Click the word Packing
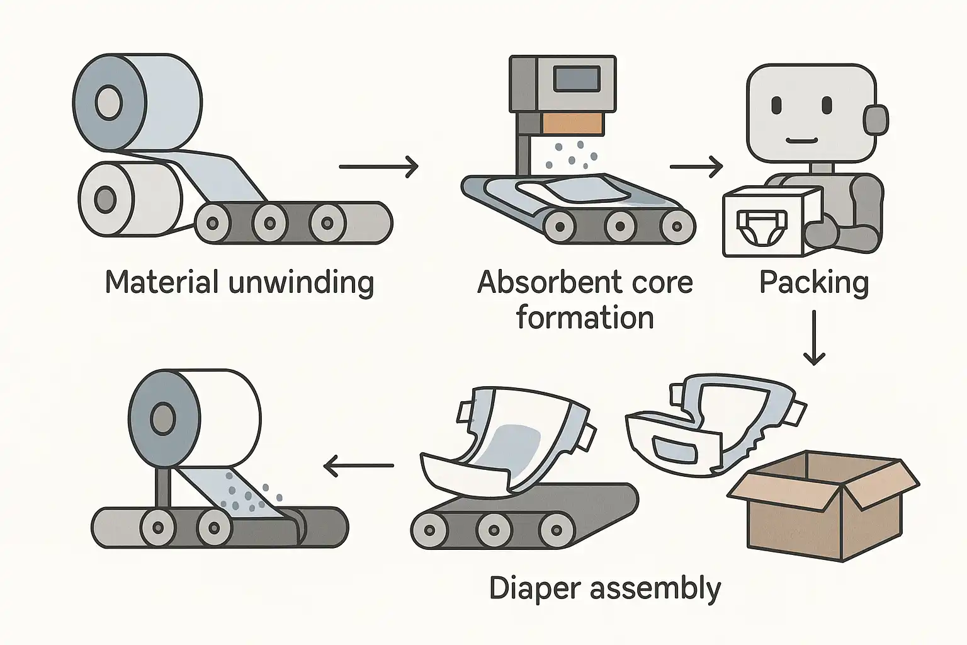pyautogui.click(x=813, y=283)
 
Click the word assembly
pyautogui.click(x=655, y=590)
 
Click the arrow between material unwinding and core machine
pyautogui.click(x=378, y=166)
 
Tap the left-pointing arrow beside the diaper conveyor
pyautogui.click(x=358, y=466)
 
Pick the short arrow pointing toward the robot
pyautogui.click(x=696, y=166)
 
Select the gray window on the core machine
pyautogui.click(x=575, y=79)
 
